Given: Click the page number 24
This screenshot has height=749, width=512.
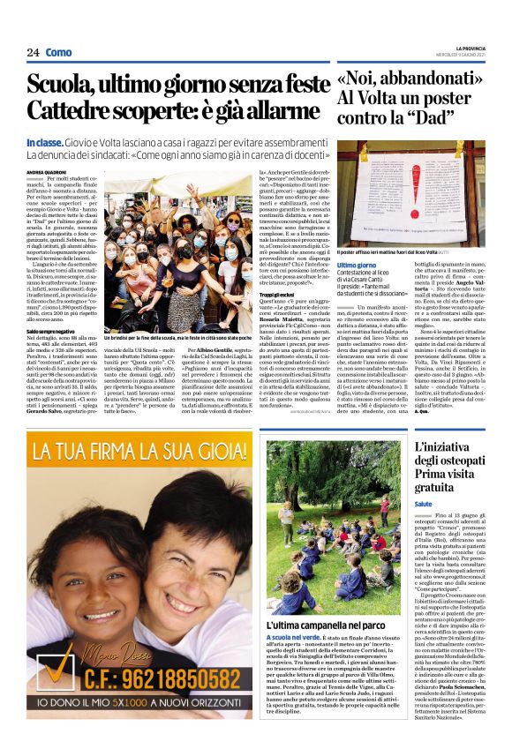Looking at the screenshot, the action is (x=33, y=53).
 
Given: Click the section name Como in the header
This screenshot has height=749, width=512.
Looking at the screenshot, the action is (x=59, y=53).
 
